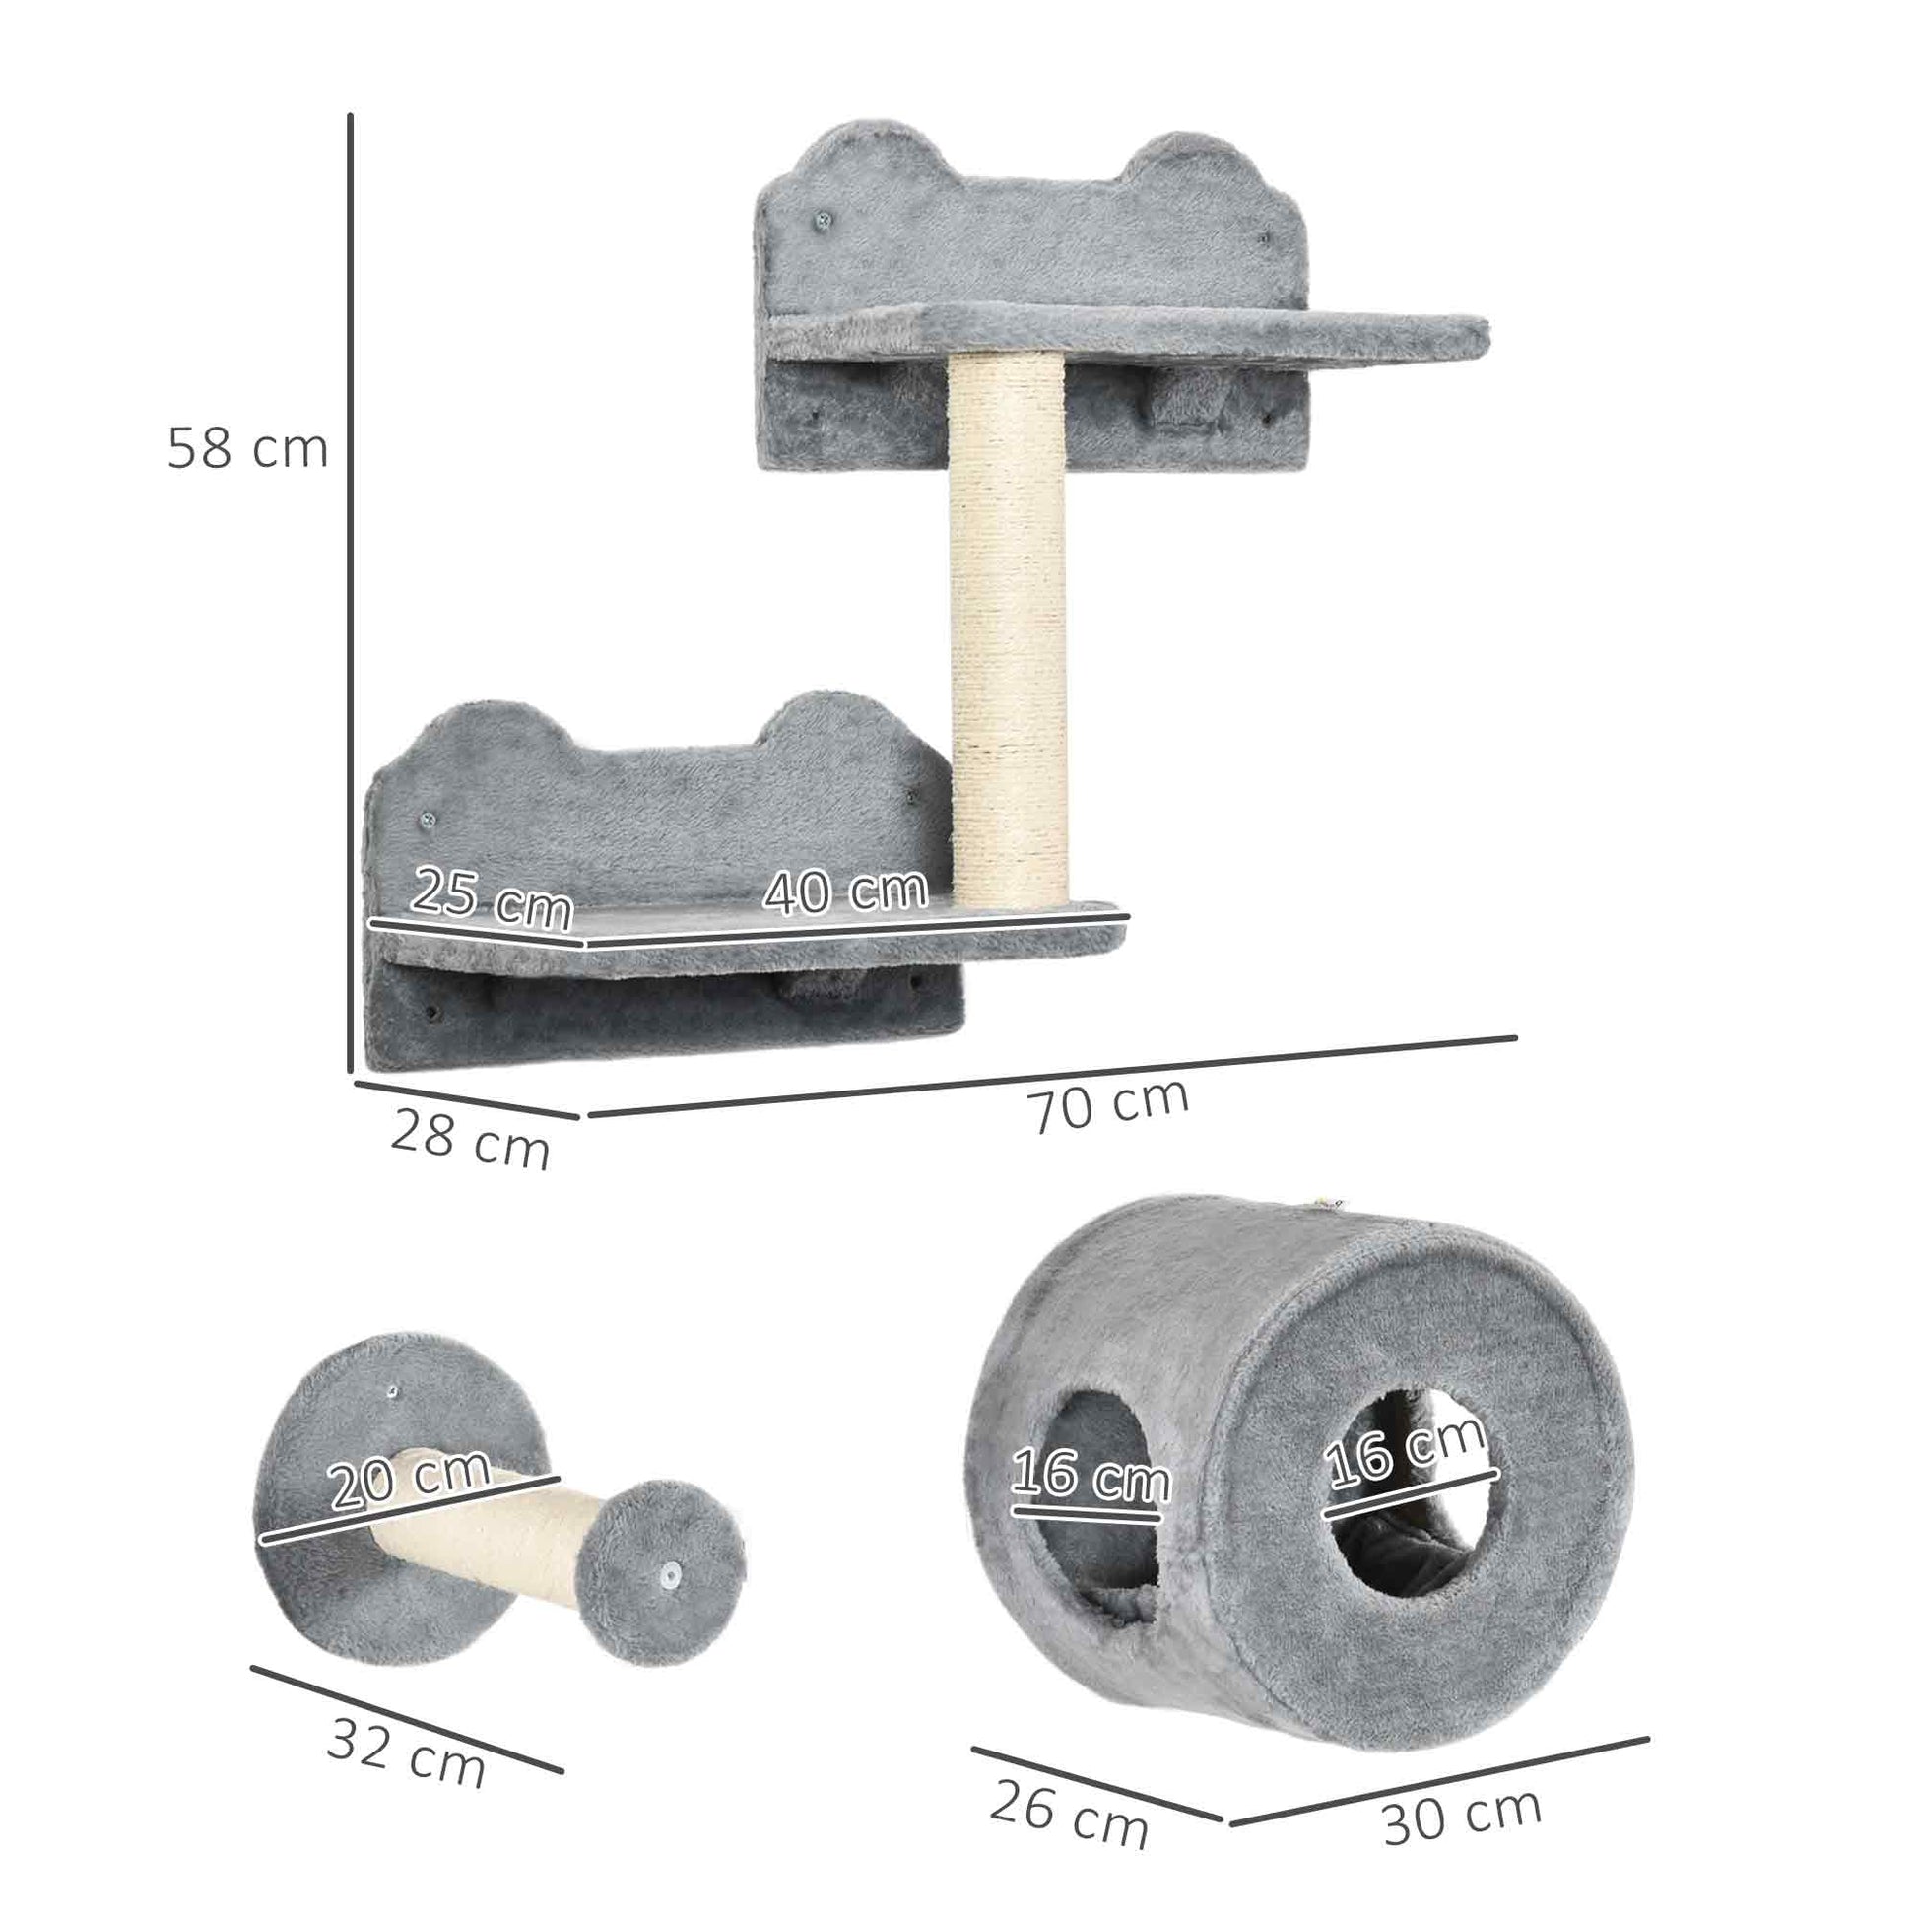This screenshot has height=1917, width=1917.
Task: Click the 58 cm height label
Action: click(247, 448)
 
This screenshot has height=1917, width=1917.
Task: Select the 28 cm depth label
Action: click(469, 1140)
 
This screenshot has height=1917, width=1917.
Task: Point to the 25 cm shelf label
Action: click(493, 897)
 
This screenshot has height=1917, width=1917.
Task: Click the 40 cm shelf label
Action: click(845, 891)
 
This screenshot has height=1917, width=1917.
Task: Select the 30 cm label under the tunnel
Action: click(1462, 1814)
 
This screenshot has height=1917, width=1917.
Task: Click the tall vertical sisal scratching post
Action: click(1008, 635)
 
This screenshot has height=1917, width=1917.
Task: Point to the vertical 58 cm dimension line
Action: click(351, 595)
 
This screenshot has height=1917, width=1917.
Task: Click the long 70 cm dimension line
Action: click(1052, 1077)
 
